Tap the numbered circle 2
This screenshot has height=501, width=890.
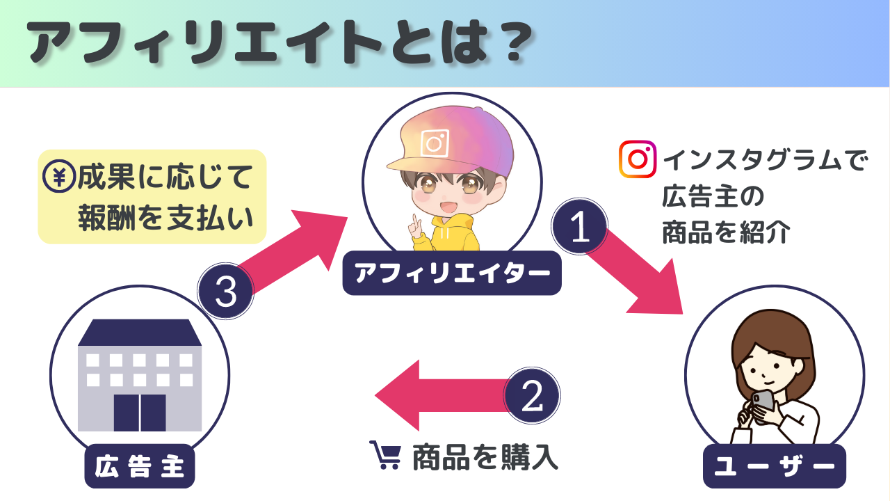[532, 397]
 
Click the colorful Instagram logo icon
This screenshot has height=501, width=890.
[638, 160]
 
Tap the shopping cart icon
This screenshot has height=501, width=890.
[385, 455]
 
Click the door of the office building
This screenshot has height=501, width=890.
[140, 413]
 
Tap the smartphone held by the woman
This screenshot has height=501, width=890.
[763, 400]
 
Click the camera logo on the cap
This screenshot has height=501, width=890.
[435, 144]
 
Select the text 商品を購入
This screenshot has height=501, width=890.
[485, 457]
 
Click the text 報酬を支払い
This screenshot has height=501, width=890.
[163, 216]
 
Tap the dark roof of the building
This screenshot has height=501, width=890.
[140, 333]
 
